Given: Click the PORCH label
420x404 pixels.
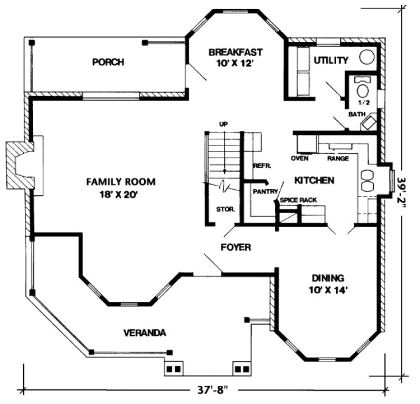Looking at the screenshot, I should [108, 61].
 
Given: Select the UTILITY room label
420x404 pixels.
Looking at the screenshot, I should [331, 60].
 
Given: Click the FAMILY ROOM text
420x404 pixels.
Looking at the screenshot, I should [121, 181].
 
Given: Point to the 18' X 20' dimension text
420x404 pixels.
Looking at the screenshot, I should [121, 195].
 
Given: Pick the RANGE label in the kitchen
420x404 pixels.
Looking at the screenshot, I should [338, 159].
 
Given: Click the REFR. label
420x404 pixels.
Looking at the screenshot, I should [262, 165].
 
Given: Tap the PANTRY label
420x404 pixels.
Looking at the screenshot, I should [265, 191].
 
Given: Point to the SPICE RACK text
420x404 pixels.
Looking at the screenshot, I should [298, 200].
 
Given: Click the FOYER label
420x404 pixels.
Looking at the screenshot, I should [236, 247].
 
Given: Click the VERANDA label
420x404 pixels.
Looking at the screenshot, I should [145, 333].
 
